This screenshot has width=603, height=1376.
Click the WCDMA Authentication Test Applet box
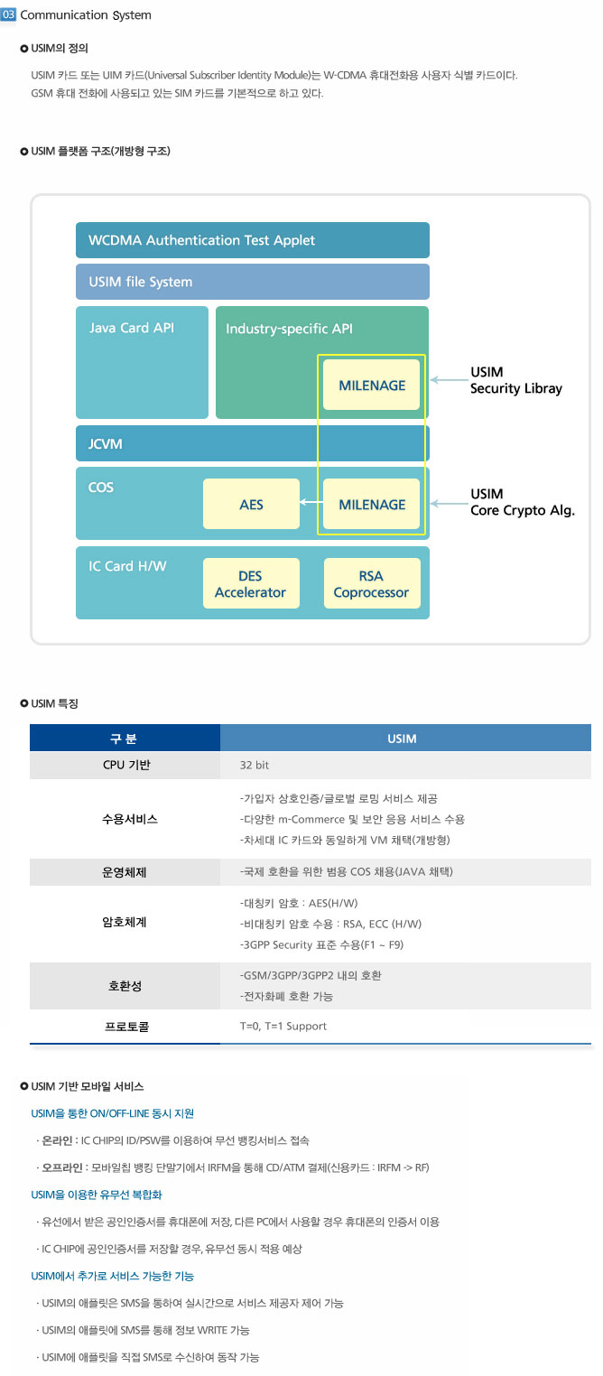click(x=252, y=240)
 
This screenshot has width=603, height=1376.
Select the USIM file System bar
click(x=252, y=282)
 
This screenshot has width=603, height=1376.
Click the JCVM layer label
click(x=106, y=444)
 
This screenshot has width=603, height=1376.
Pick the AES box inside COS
click(x=251, y=504)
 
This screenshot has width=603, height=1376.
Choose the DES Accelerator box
click(x=250, y=584)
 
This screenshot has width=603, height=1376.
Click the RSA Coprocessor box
click(x=371, y=584)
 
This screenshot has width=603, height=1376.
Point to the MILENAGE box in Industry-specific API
click(x=372, y=385)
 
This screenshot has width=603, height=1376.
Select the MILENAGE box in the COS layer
click(x=372, y=504)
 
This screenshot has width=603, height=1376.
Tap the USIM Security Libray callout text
click(x=515, y=380)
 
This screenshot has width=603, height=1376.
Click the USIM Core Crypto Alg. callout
click(x=522, y=502)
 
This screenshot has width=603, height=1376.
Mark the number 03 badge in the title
click(x=9, y=14)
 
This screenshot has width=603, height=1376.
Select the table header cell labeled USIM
click(x=402, y=739)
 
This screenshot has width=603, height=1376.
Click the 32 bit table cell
click(x=255, y=765)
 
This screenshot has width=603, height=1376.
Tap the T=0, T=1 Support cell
click(x=283, y=1026)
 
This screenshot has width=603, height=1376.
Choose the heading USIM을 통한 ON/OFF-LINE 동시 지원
click(x=113, y=1113)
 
